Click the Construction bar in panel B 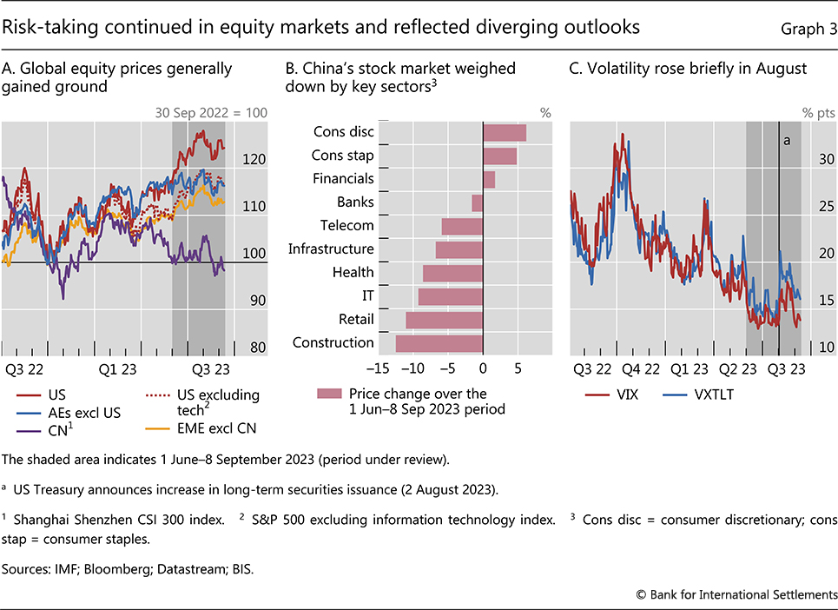click(439, 343)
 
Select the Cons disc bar click(505, 132)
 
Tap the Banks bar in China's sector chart click(477, 202)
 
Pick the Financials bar click(489, 179)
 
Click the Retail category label click(356, 319)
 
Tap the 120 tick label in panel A click(255, 160)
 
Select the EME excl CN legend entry click(217, 428)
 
